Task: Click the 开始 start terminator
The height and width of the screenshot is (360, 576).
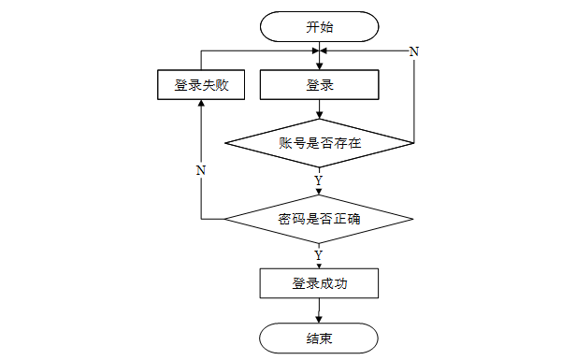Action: (x=319, y=26)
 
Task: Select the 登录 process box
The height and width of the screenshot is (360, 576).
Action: (x=319, y=85)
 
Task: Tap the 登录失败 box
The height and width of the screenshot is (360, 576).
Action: (x=201, y=85)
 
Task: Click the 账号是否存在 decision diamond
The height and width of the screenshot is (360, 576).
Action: (x=319, y=143)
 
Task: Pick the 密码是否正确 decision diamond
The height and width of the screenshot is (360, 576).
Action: (x=319, y=219)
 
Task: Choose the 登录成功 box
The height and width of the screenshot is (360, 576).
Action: (x=319, y=283)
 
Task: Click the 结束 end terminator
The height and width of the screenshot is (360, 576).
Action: (x=319, y=338)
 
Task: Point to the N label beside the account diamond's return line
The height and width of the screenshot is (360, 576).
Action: (x=414, y=51)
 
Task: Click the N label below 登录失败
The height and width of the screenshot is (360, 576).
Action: (x=200, y=170)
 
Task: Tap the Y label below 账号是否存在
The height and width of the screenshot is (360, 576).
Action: (x=319, y=180)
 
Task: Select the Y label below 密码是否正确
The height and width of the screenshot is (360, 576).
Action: (x=319, y=255)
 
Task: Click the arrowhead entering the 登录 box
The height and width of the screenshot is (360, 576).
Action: (x=319, y=66)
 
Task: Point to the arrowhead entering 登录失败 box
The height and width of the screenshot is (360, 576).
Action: (x=201, y=103)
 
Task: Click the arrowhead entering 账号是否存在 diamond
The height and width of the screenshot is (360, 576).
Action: (x=319, y=115)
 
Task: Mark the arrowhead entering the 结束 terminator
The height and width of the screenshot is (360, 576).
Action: (x=319, y=320)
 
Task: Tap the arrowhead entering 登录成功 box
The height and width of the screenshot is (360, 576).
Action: (x=319, y=266)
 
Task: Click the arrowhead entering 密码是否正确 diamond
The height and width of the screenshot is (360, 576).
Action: (x=319, y=192)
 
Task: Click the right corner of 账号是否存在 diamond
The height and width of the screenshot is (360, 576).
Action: (x=414, y=143)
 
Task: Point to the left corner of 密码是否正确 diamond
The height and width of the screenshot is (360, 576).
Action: (x=224, y=219)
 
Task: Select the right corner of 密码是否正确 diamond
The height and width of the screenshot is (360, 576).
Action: (x=413, y=219)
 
